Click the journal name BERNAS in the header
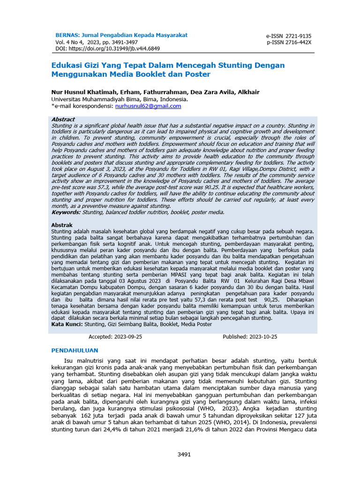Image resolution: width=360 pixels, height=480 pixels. pyautogui.click(x=67, y=35)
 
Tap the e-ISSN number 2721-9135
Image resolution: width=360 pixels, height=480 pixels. pyautogui.click(x=299, y=36)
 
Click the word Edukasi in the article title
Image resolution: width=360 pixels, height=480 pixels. pyautogui.click(x=67, y=65)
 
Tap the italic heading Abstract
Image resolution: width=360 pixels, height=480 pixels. pyautogui.click(x=63, y=120)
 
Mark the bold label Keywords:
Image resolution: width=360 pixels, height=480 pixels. pyautogui.click(x=66, y=212)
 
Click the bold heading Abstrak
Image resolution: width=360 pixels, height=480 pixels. pyautogui.click(x=62, y=225)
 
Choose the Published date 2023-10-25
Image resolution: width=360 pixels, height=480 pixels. pyautogui.click(x=263, y=337)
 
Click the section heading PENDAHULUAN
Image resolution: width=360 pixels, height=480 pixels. pyautogui.click(x=75, y=350)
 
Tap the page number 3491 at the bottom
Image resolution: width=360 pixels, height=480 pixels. pyautogui.click(x=184, y=455)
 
